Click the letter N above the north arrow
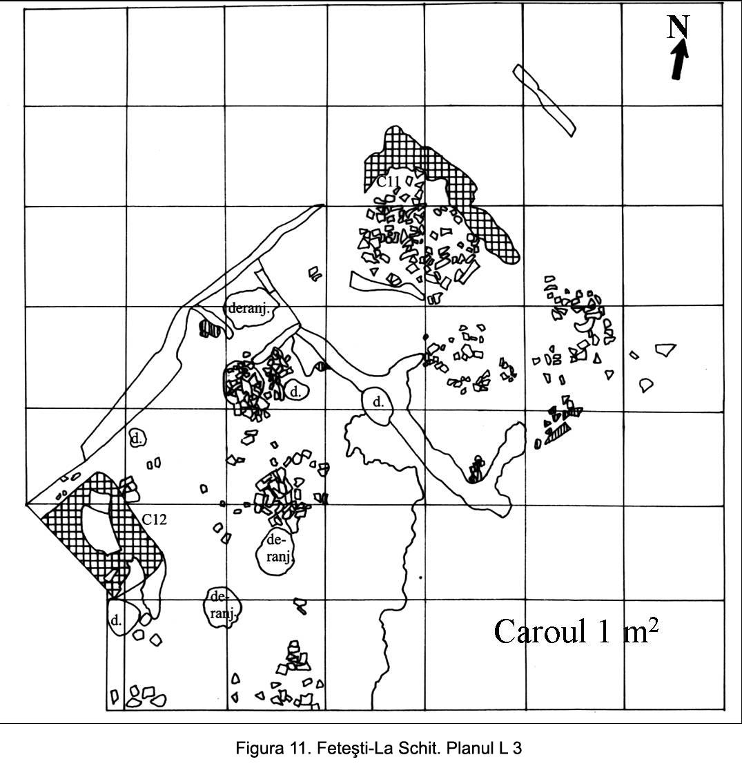click(678, 27)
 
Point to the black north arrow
click(680, 59)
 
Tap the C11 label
click(388, 182)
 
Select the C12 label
click(155, 519)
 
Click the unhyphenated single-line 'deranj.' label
click(249, 309)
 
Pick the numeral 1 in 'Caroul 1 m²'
click(604, 631)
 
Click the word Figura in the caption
click(257, 748)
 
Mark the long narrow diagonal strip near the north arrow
click(544, 100)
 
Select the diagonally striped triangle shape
click(558, 434)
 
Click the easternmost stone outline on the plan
click(665, 349)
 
